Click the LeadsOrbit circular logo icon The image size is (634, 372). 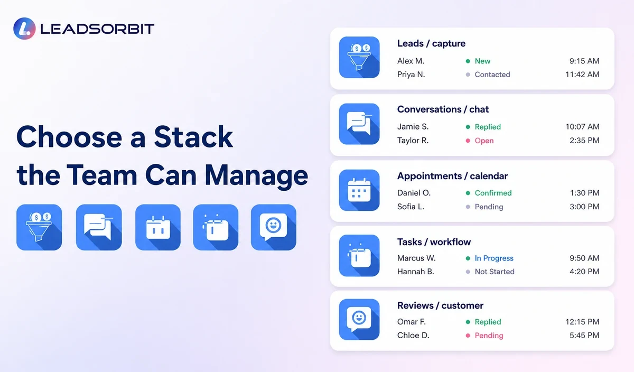click(x=24, y=29)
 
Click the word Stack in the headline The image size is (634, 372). click(x=193, y=137)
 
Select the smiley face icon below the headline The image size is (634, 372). click(x=274, y=227)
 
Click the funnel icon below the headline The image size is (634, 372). click(x=39, y=227)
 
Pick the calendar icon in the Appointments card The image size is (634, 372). click(x=359, y=190)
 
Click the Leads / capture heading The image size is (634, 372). click(x=431, y=43)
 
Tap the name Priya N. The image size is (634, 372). click(x=411, y=75)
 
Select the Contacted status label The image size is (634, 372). click(x=492, y=75)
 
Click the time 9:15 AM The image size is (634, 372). click(x=584, y=61)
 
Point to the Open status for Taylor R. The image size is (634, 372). click(x=484, y=141)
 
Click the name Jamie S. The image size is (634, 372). click(x=413, y=126)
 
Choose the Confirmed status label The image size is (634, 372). click(x=493, y=193)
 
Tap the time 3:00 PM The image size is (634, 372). click(x=584, y=207)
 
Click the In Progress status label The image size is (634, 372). click(x=494, y=258)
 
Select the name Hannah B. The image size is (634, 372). click(x=415, y=272)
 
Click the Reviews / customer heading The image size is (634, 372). click(x=440, y=305)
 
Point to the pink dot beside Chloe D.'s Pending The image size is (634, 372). click(x=468, y=336)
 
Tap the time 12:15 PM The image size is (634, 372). click(x=582, y=322)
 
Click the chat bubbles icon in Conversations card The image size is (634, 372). click(x=359, y=124)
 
